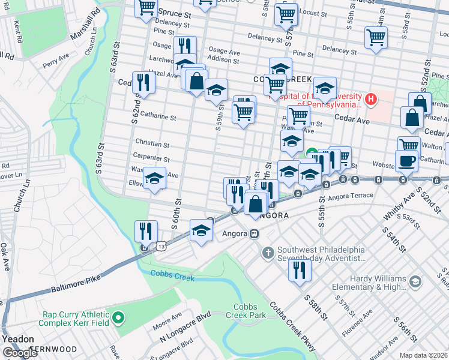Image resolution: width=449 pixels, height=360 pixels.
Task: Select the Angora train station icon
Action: (255, 233)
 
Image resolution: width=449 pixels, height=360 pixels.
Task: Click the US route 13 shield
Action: (161, 246)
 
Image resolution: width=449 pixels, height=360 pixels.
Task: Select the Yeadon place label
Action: (17, 338)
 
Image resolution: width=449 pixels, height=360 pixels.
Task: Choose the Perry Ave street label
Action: (58, 61)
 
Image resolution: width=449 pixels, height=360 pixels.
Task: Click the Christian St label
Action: (152, 145)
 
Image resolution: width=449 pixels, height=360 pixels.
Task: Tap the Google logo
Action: (20, 353)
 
